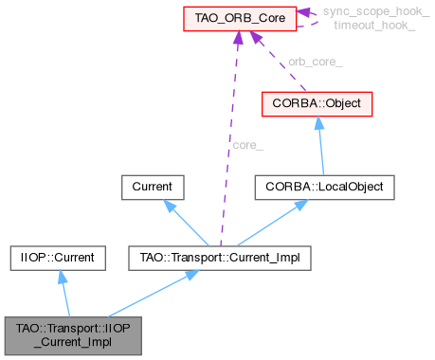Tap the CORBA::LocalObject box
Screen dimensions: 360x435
(x=323, y=187)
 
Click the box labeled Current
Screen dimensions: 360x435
(x=152, y=187)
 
